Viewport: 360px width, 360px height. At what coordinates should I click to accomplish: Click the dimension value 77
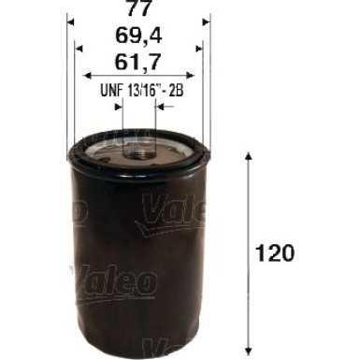tap(138, 12)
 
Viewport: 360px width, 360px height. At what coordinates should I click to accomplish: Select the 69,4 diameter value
tap(138, 40)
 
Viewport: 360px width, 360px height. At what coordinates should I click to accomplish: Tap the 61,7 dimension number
tap(138, 66)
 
